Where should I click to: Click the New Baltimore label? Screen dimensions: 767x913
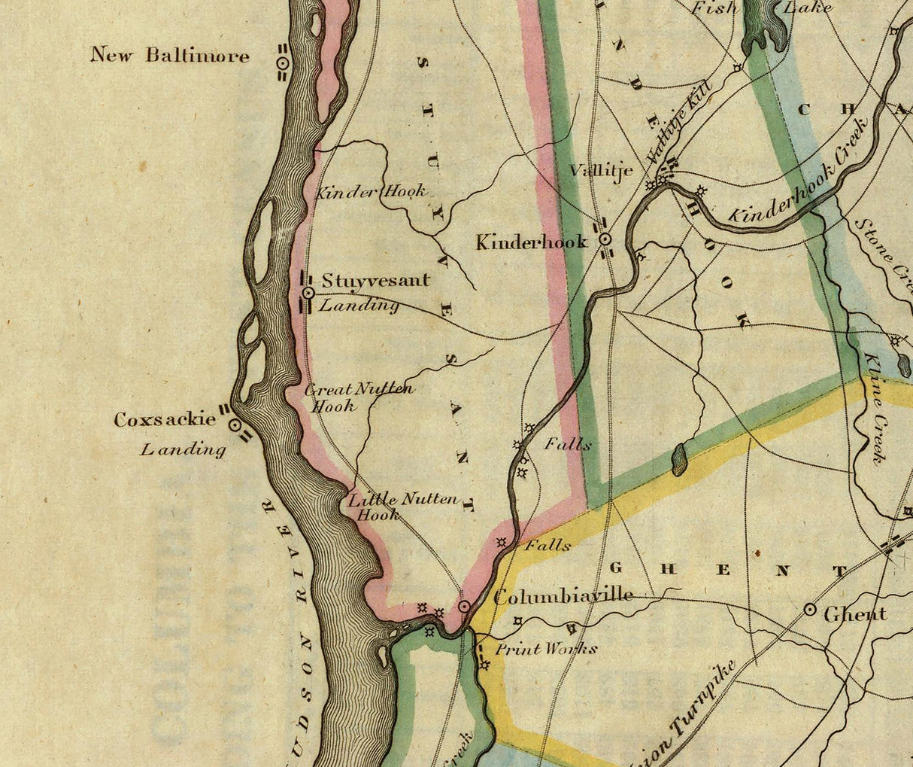click(170, 55)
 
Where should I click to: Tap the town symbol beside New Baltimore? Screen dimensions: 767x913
click(282, 65)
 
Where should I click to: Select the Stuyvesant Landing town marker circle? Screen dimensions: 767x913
click(308, 292)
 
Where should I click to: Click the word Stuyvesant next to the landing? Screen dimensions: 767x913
click(375, 281)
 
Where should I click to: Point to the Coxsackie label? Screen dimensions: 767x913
click(165, 420)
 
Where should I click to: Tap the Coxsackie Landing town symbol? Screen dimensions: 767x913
click(235, 425)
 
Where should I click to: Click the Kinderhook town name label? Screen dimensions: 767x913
click(532, 242)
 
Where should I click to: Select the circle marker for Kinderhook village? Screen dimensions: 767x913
click(605, 239)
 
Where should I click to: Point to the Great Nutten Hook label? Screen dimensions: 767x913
click(358, 397)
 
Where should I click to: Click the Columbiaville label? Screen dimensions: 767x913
click(563, 595)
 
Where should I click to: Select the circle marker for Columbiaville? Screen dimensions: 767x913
click(465, 606)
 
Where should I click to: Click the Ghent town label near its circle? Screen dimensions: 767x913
click(855, 614)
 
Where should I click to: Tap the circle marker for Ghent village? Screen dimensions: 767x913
click(810, 609)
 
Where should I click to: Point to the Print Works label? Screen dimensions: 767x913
click(545, 649)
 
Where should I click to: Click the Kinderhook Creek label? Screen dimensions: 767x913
click(798, 172)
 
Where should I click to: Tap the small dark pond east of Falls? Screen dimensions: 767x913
click(680, 459)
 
